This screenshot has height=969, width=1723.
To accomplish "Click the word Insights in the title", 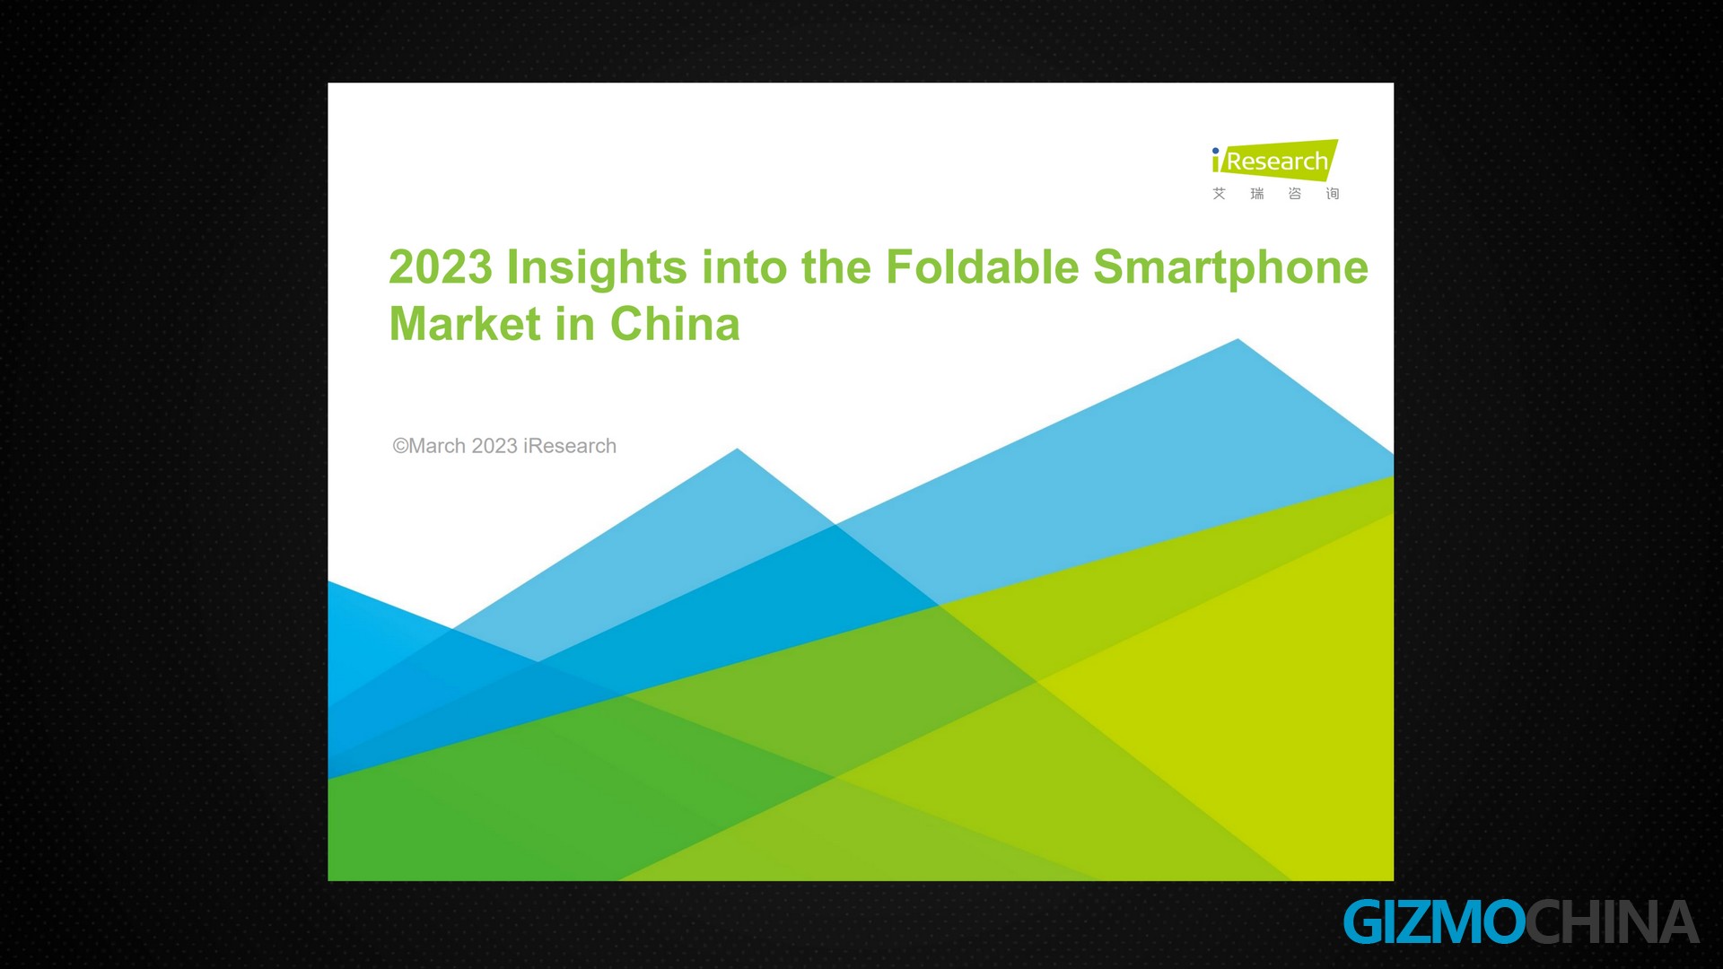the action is pos(597,267).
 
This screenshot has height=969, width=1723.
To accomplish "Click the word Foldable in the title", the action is pos(982,267).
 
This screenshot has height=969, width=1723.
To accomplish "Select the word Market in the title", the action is pos(465,324).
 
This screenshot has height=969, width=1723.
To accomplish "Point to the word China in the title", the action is pos(675,324).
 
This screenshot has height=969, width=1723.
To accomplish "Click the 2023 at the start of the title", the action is pos(441,267).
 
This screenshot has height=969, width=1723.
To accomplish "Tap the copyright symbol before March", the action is pos(400,446).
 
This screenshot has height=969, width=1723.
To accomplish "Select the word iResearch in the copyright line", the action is pos(570,446).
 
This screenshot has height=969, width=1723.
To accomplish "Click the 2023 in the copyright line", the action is pos(494,446).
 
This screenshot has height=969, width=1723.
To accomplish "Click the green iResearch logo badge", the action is pos(1274,161).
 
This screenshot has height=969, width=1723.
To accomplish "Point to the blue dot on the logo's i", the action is pos(1216,151).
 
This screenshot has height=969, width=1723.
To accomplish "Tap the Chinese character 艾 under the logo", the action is pos(1219,194).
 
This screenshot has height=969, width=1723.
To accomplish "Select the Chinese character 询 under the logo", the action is pos(1333,194).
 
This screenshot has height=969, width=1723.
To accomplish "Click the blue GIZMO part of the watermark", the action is pos(1434,922).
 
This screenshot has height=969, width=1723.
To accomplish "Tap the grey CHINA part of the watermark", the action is pos(1613,922).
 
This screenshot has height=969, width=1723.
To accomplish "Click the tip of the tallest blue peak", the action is pos(1238,339).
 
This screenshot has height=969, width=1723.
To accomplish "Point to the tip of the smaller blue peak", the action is pos(738,449).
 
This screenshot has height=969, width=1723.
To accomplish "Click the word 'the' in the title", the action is pos(836,267).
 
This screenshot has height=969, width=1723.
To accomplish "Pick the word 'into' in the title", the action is pos(745,267).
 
